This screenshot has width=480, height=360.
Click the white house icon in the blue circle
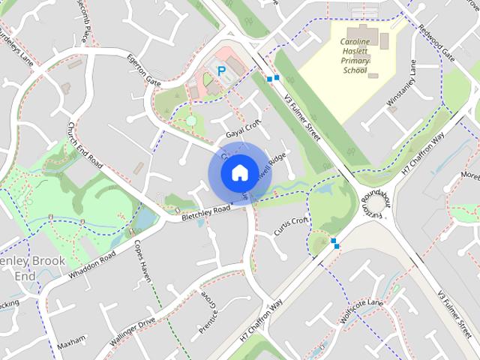(238, 172)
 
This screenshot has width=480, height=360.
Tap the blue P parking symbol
(221, 70)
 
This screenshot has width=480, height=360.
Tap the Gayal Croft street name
(242, 129)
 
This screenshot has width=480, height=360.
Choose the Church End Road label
(84, 145)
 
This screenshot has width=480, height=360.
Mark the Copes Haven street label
(142, 260)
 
